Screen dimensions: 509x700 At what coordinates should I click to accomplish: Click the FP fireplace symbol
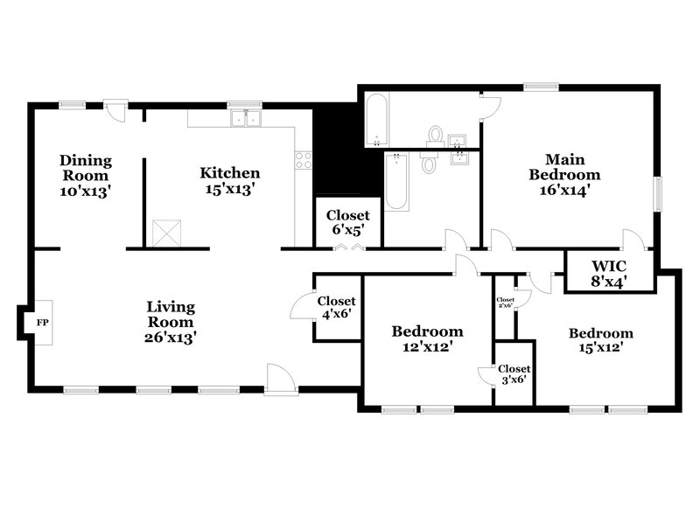(40, 322)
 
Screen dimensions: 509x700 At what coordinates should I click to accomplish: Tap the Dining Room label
(86, 176)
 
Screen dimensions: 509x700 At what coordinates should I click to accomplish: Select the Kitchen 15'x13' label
(229, 180)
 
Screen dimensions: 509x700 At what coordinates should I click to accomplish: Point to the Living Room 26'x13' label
(171, 321)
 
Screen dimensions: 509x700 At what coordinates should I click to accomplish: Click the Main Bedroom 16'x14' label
(564, 174)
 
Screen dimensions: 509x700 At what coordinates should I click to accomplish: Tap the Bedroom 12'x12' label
(427, 339)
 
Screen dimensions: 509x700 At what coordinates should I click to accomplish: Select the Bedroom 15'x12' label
(600, 341)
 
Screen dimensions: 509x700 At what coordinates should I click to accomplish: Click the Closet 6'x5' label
(347, 223)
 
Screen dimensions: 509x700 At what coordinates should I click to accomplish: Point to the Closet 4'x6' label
(336, 307)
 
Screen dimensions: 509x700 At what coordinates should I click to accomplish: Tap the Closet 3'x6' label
(514, 374)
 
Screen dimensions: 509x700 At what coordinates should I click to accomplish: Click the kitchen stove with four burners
(304, 159)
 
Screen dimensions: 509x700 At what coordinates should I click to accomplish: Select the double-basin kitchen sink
(246, 118)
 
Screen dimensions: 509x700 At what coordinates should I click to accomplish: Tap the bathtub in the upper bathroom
(374, 120)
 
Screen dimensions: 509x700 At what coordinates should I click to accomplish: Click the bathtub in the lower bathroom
(395, 181)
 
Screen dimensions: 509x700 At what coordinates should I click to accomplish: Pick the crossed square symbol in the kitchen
(165, 234)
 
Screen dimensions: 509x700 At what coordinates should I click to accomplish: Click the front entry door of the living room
(280, 380)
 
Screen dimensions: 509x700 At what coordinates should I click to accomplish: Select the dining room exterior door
(115, 111)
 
